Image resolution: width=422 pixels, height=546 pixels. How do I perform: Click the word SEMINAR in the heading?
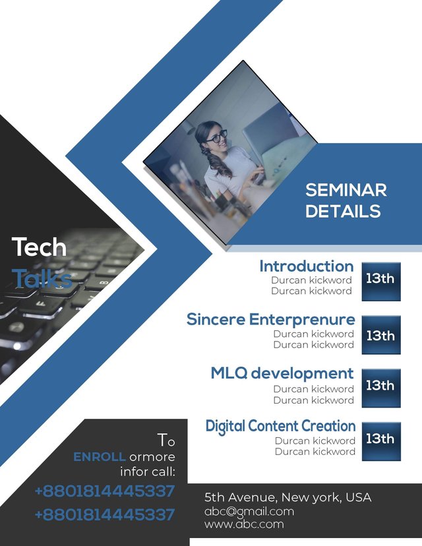tap(346, 190)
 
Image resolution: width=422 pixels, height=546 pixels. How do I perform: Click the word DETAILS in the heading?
tap(343, 212)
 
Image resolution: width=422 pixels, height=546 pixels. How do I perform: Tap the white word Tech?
tap(39, 247)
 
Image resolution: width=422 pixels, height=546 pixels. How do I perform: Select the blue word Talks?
tap(42, 278)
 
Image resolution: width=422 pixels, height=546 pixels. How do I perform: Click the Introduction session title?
tap(307, 266)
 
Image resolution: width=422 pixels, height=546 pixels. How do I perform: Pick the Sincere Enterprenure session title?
tap(270, 319)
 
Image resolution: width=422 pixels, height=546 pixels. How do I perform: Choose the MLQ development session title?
tap(282, 373)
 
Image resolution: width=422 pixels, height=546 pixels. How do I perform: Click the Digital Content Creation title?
tap(280, 426)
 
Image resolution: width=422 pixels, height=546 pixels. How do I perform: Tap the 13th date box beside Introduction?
tap(381, 282)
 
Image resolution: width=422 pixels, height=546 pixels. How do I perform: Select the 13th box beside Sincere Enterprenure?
tap(381, 335)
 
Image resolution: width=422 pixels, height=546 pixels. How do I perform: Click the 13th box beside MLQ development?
tap(381, 388)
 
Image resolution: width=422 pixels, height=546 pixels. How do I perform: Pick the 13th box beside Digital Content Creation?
tap(381, 442)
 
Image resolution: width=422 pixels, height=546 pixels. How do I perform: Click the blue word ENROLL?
tap(99, 457)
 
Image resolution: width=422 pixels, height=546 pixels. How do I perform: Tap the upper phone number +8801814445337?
tap(105, 491)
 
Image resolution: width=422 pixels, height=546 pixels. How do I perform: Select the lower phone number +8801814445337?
tap(105, 514)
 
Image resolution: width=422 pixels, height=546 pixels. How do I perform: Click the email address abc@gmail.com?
tap(249, 512)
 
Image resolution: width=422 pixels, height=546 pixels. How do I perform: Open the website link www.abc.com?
tap(244, 524)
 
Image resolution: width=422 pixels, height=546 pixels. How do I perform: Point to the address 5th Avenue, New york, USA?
tap(288, 497)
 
